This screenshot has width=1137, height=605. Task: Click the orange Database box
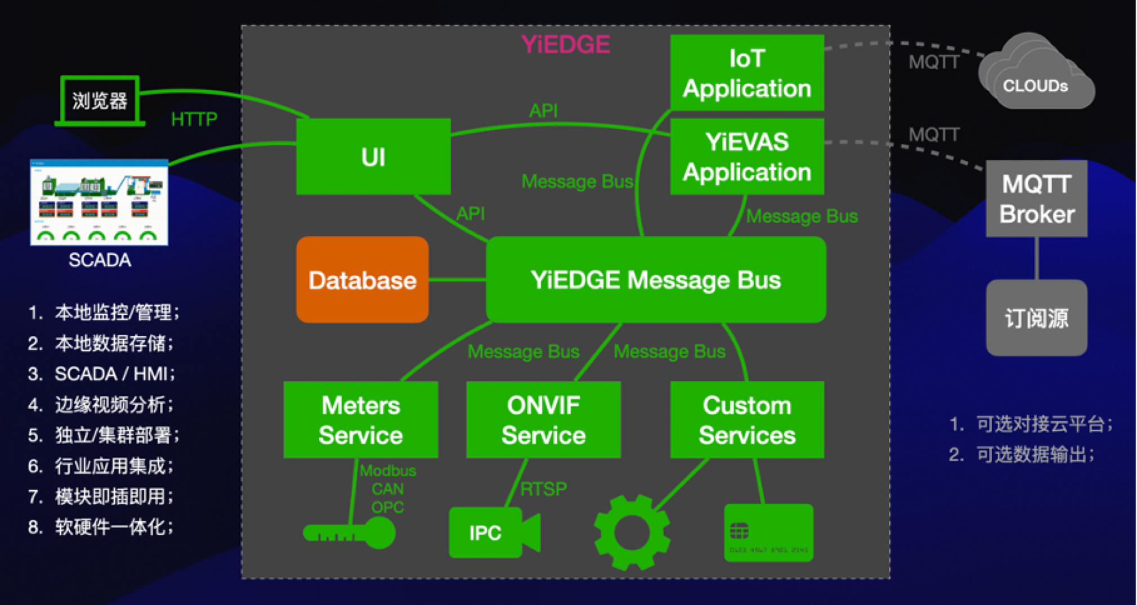tap(362, 279)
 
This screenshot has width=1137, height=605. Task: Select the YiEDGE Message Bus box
tap(656, 279)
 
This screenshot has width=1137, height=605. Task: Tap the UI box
tap(373, 156)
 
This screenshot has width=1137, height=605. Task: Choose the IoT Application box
tap(747, 73)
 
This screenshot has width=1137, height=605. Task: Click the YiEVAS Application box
tap(747, 156)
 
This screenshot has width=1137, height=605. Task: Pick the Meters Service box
tap(361, 420)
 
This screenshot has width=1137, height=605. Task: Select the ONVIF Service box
tap(544, 420)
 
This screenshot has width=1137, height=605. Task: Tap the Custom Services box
tap(747, 420)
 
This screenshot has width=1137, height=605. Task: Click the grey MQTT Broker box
tap(1036, 198)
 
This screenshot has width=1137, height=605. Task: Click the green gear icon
tap(632, 532)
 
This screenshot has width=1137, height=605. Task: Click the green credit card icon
tap(768, 532)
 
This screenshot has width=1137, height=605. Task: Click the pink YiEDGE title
tap(565, 44)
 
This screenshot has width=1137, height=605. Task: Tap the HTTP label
tap(194, 119)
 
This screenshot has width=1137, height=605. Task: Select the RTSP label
tap(543, 489)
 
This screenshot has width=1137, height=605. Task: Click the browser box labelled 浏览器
tap(100, 101)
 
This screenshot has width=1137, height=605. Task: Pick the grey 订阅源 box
tap(1036, 318)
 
